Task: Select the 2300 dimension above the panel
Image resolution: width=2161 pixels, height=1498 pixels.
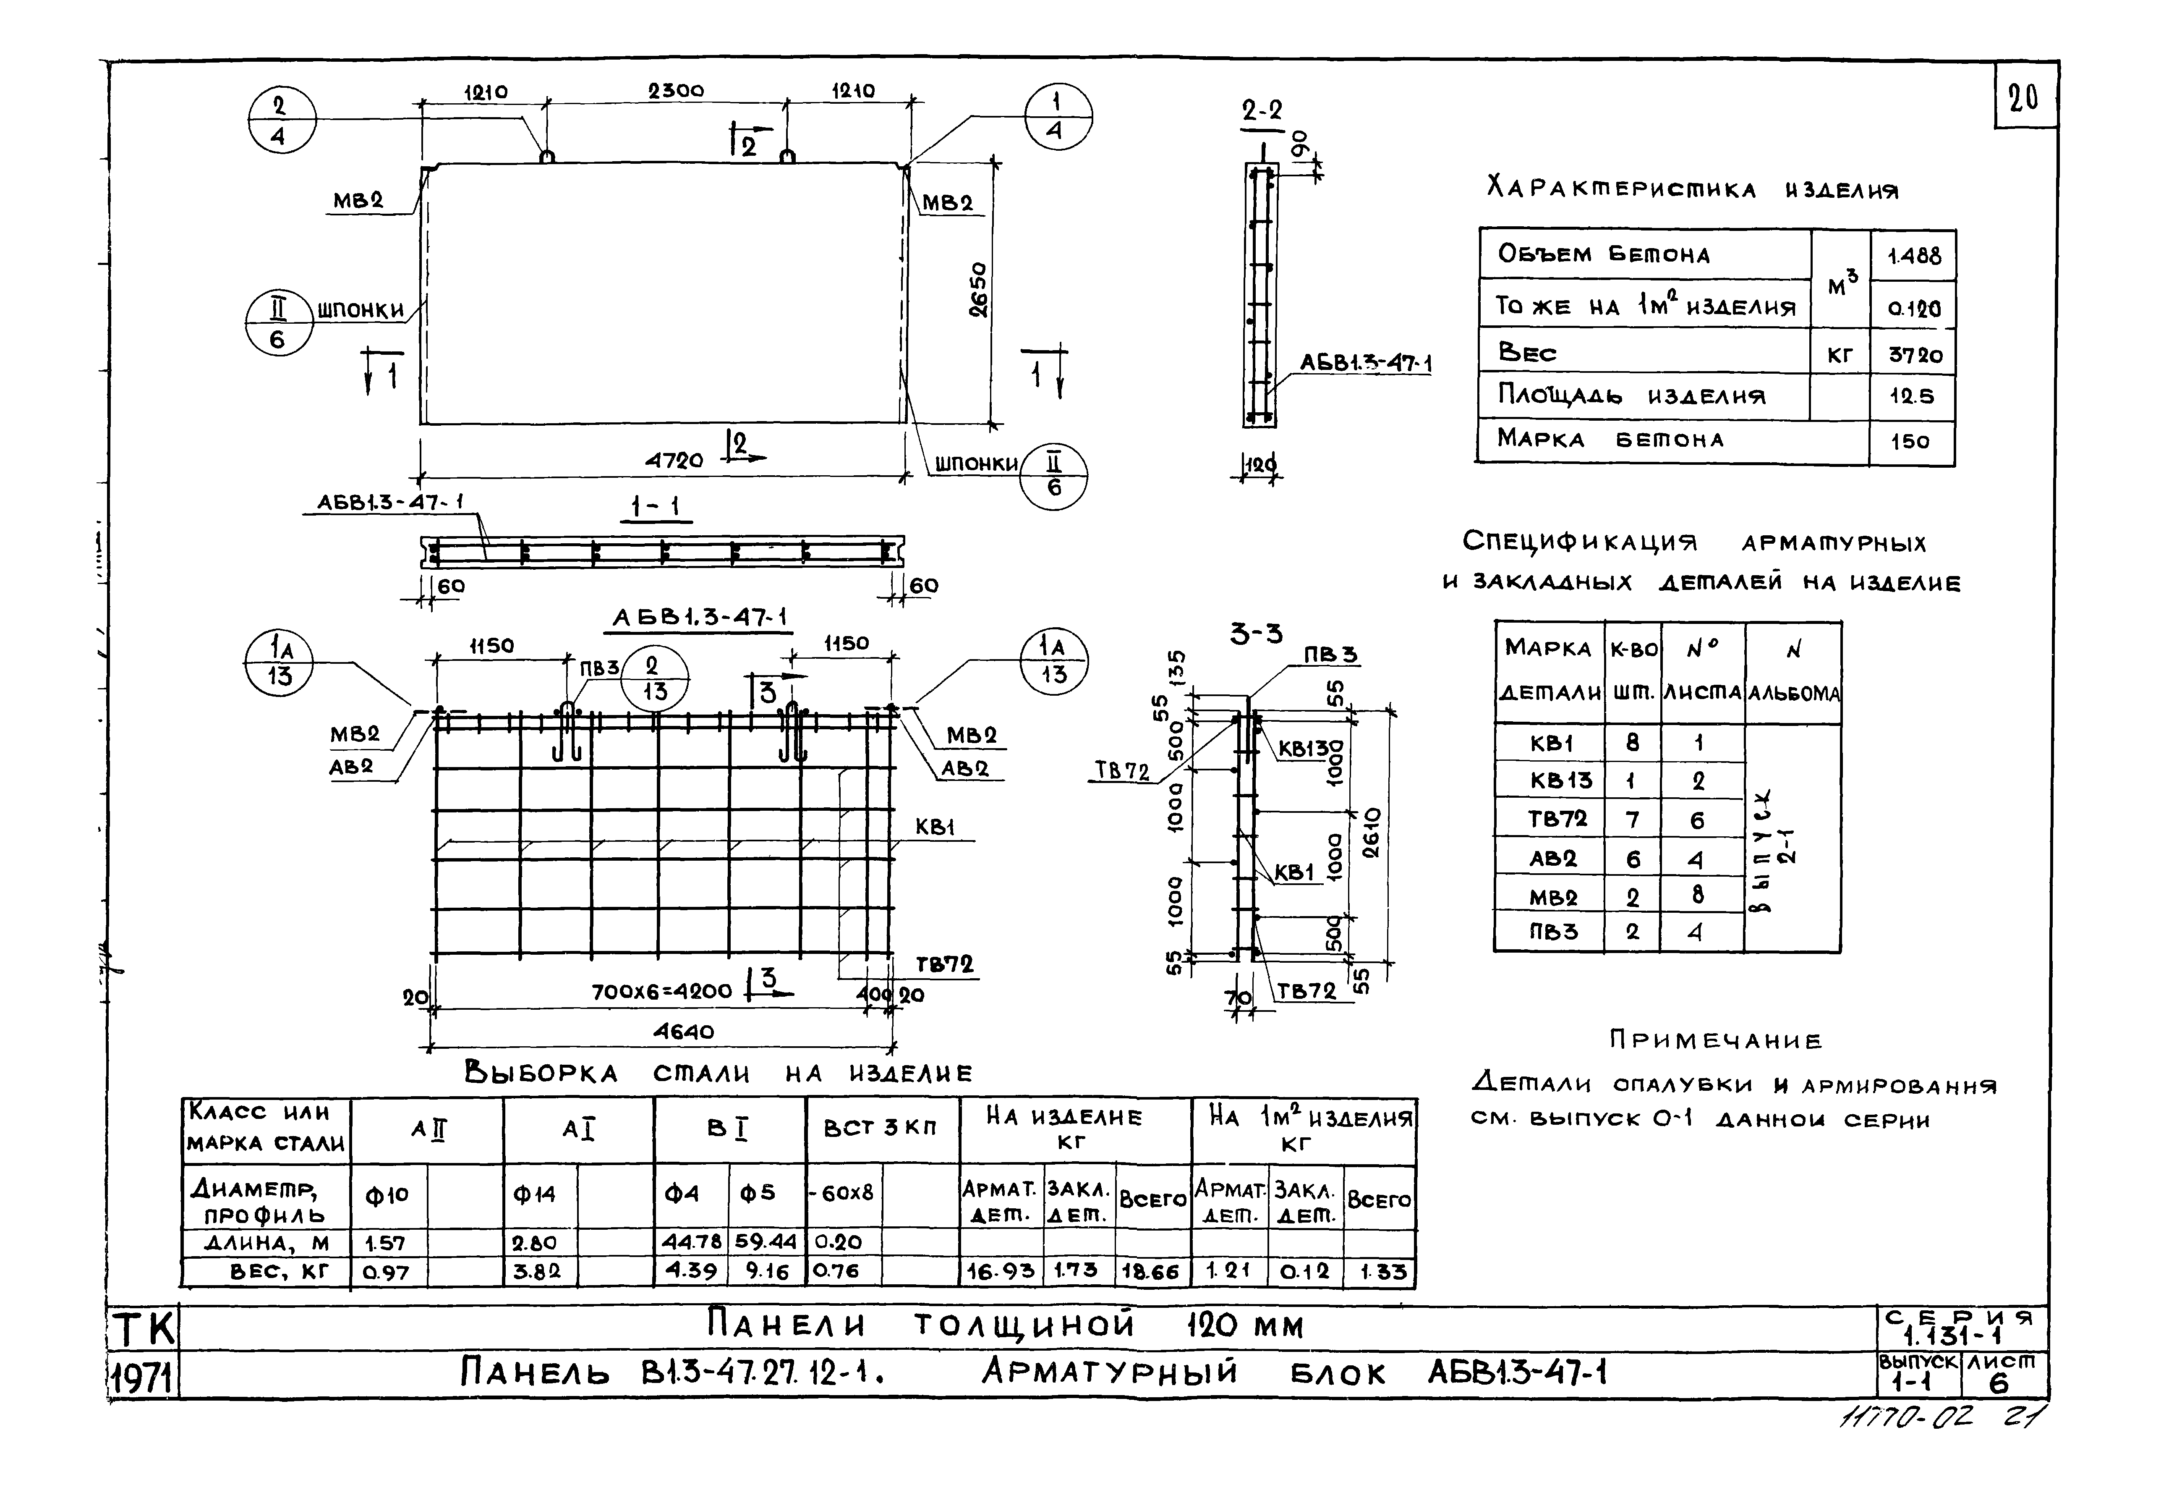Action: pyautogui.click(x=676, y=91)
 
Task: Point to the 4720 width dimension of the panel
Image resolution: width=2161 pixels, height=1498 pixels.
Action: pyautogui.click(x=674, y=460)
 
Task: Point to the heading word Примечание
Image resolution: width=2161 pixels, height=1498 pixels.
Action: pyautogui.click(x=1715, y=1040)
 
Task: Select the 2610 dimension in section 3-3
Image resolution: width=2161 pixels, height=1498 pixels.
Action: pyautogui.click(x=1372, y=833)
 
